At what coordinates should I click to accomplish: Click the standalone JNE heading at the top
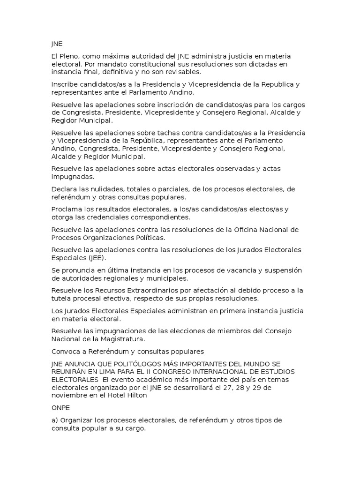coord(57,44)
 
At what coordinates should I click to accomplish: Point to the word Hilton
coord(137,395)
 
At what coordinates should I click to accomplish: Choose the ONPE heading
coord(60,407)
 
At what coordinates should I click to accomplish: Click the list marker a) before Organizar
coord(55,420)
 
